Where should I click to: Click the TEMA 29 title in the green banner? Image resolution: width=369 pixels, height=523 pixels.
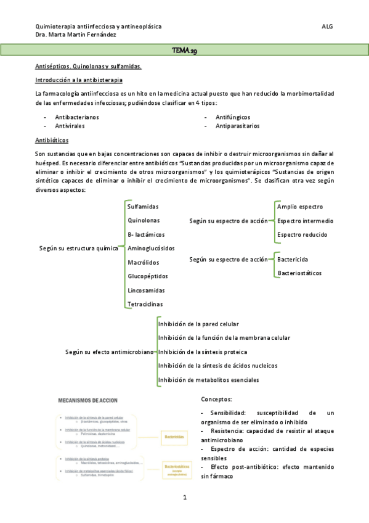[184, 49]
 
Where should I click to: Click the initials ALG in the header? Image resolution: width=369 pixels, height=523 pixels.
[327, 27]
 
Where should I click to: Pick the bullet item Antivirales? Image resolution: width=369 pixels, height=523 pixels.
[70, 126]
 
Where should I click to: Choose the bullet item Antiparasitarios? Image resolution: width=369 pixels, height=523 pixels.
[237, 126]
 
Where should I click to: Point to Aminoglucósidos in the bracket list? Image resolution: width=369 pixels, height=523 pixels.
[150, 249]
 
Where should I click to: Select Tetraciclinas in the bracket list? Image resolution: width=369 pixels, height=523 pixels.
[145, 304]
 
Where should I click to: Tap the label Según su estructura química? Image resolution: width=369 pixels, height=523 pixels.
[78, 249]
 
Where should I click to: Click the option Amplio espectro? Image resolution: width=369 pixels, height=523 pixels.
[300, 207]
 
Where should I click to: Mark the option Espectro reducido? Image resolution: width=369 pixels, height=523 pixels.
[302, 234]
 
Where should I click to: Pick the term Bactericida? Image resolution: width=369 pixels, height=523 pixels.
[293, 260]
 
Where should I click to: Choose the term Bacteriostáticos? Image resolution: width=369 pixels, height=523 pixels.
[299, 273]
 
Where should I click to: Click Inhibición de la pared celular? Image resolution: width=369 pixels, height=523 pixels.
[198, 324]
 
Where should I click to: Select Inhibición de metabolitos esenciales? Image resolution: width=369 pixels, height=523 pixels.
[208, 380]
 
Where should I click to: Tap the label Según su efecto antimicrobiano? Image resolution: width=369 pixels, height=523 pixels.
[110, 352]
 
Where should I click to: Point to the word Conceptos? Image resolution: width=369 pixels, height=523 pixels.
[216, 399]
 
